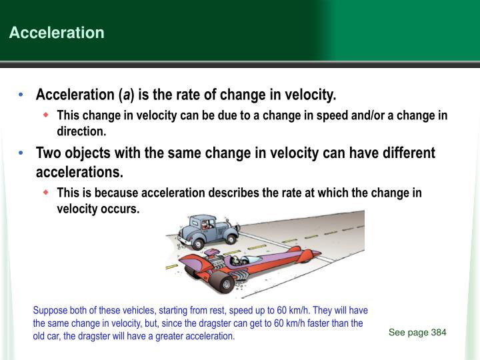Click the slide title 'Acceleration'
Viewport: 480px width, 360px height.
57,33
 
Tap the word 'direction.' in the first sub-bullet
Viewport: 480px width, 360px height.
81,131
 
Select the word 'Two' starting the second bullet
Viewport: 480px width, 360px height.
48,153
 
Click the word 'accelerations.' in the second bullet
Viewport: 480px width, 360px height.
79,173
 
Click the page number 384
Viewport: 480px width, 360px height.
438,333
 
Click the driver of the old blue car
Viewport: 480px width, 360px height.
211,225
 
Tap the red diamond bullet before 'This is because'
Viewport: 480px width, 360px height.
46,193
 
